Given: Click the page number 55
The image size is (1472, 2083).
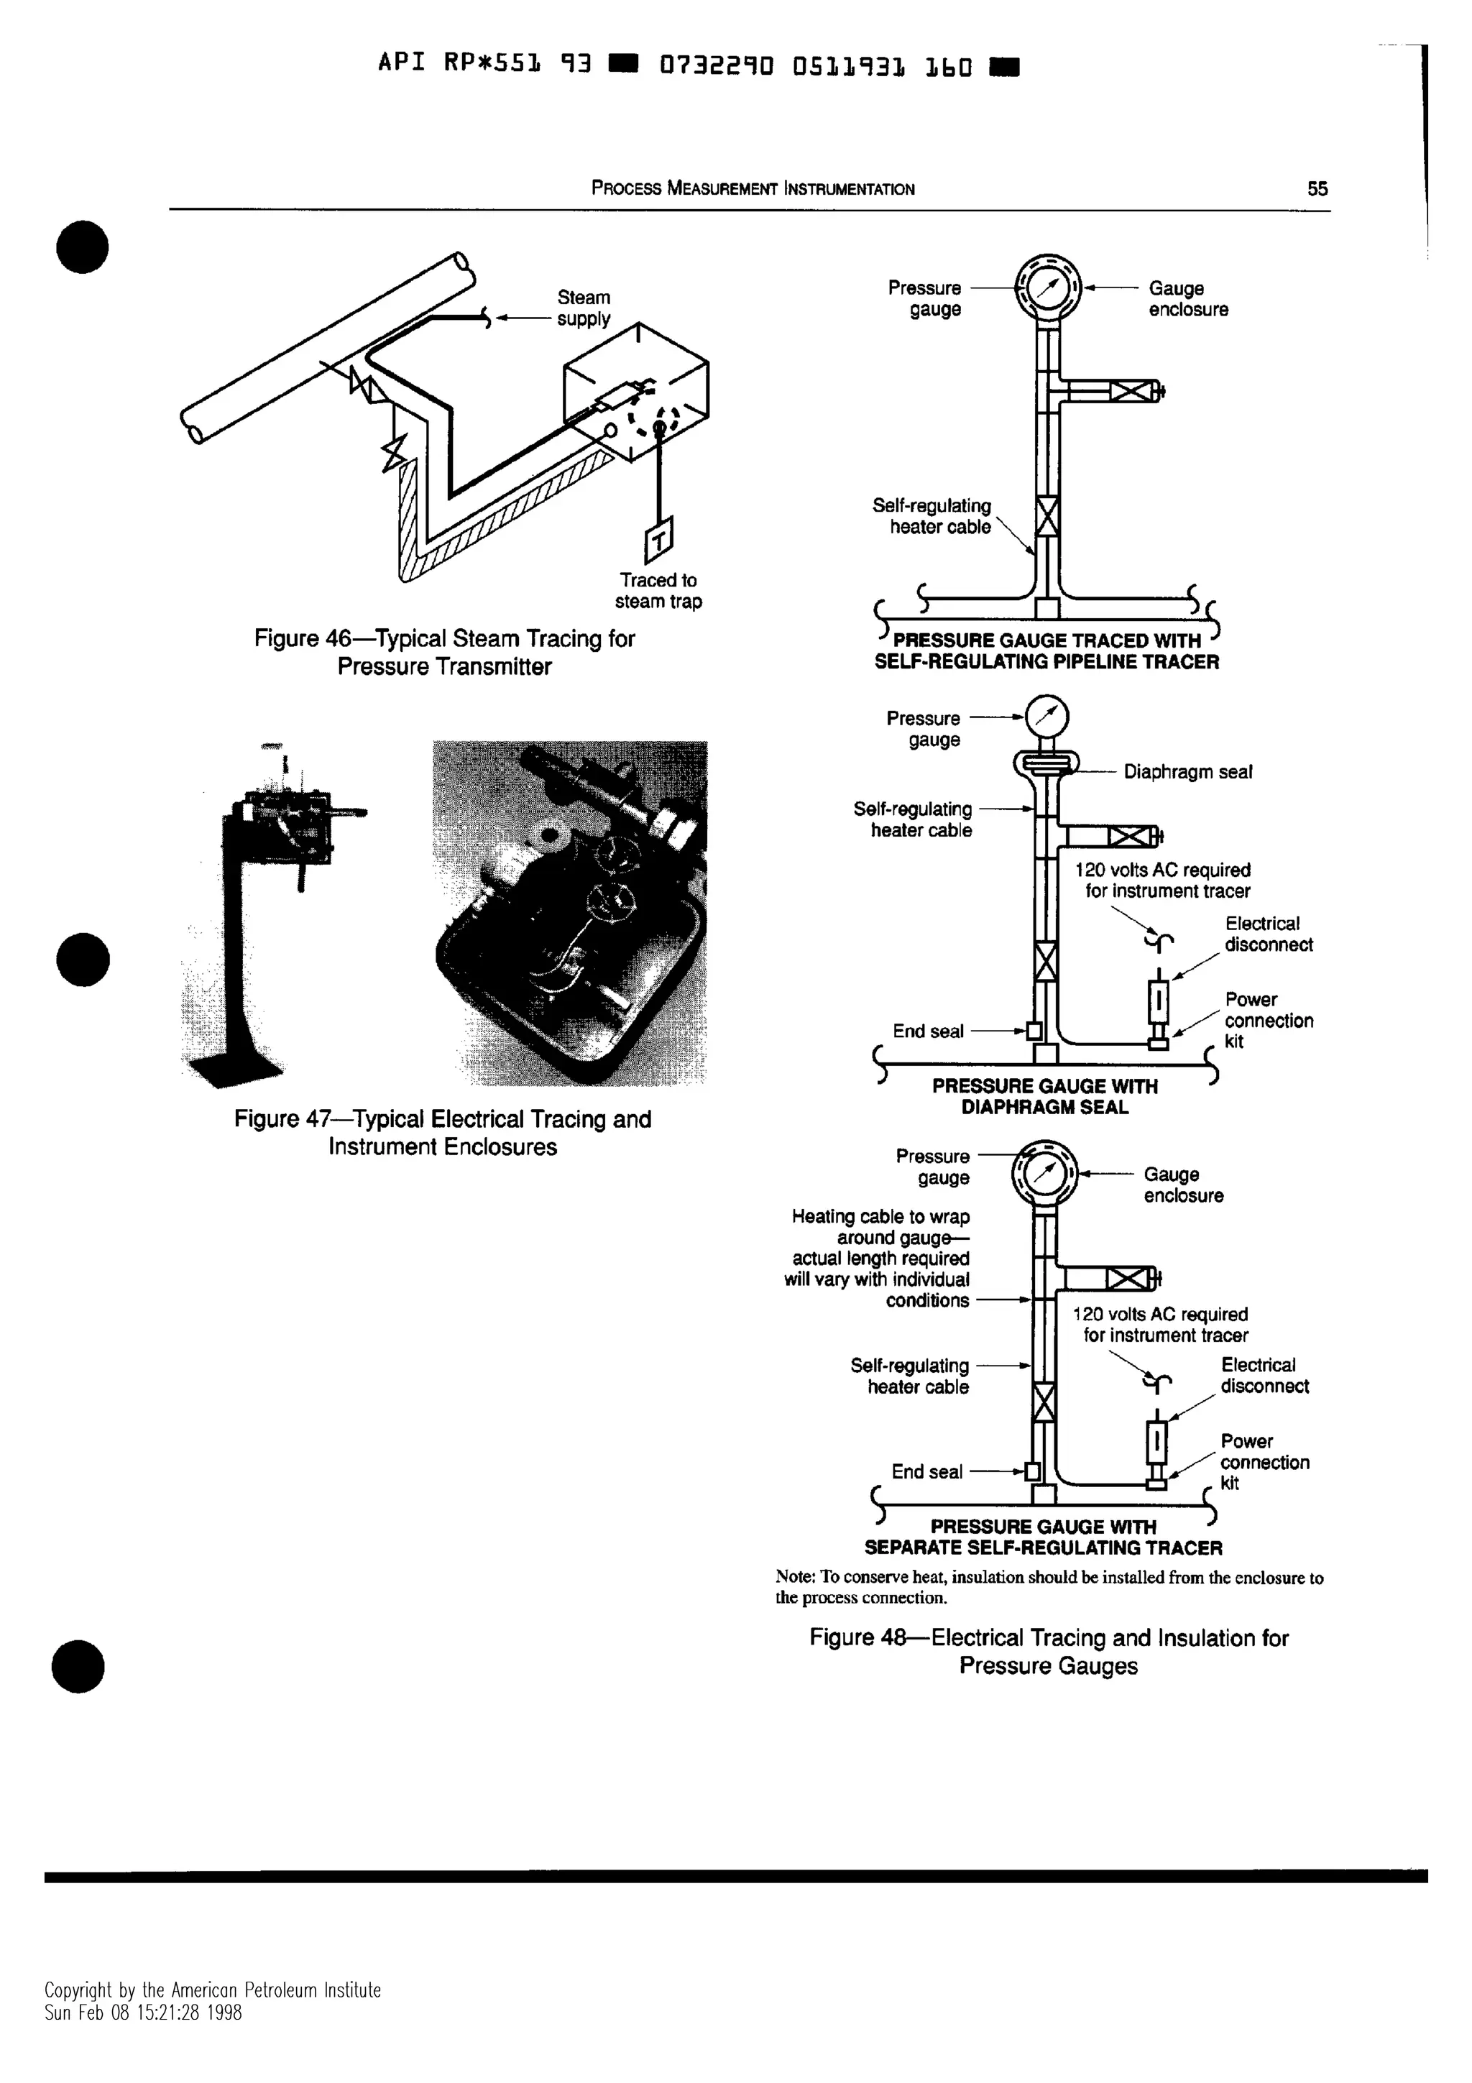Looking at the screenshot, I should [x=1317, y=189].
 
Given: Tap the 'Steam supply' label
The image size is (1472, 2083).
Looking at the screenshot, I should [x=583, y=308].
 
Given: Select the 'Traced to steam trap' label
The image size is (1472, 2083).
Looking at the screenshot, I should [x=658, y=591].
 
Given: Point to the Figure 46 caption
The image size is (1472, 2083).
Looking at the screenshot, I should [x=444, y=653].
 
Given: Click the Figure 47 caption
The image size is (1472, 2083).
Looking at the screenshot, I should [x=443, y=1132].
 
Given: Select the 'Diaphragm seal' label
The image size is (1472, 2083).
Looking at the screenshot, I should [x=1187, y=772].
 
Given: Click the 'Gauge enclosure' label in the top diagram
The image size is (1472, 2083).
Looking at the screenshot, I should [x=1187, y=298].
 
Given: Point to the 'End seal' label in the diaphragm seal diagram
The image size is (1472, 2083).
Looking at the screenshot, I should [x=928, y=1031].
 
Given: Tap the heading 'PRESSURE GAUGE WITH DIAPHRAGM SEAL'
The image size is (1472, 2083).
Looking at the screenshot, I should [x=1045, y=1096].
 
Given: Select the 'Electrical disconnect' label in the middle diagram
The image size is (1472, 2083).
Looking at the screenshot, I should [x=1268, y=934].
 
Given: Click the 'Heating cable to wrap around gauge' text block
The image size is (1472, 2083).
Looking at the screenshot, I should [x=878, y=1259].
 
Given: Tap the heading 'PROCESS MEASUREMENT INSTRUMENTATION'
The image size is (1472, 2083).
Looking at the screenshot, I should [x=753, y=189].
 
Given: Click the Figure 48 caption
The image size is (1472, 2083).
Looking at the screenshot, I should [x=1049, y=1651].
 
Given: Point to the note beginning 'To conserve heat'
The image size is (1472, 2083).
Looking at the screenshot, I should [x=1049, y=1587].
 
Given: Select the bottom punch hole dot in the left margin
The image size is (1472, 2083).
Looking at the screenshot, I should [x=79, y=1667].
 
